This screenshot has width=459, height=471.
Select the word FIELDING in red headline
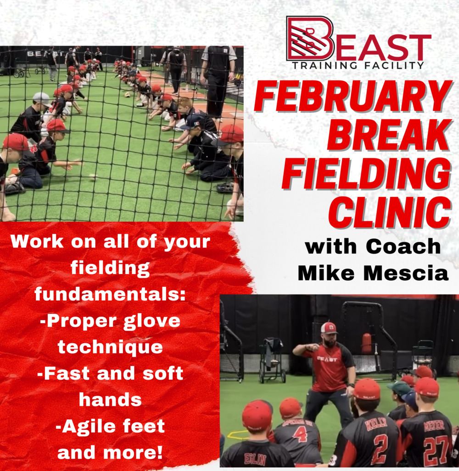[366, 174]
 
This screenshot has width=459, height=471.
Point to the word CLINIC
[390, 212]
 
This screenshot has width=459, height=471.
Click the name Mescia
[406, 273]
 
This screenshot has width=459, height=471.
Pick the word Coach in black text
[403, 246]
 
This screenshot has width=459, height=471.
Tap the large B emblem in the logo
[310, 38]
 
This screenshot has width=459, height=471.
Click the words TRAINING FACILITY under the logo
[358, 65]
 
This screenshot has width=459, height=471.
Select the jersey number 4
[300, 433]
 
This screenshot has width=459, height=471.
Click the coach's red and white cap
[329, 328]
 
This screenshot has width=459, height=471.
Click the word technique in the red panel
[110, 348]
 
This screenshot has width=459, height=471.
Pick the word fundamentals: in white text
[110, 294]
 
